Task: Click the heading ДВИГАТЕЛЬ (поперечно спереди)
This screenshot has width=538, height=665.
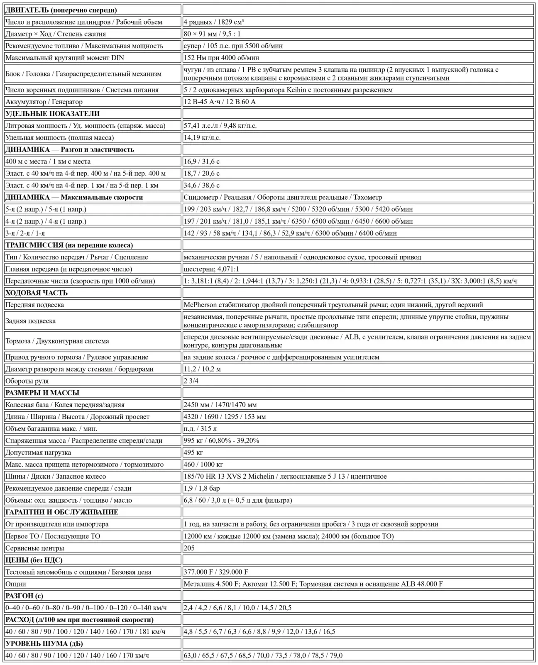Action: coord(61,10)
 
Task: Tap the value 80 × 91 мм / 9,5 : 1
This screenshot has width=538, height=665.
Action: coord(212,34)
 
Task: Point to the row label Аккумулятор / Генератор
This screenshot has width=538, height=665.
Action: coord(44,102)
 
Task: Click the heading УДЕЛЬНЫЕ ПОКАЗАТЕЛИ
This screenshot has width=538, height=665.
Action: coord(52,114)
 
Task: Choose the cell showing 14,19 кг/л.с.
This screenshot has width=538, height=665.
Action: coord(202,137)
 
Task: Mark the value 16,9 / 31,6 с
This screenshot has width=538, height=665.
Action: coord(202,161)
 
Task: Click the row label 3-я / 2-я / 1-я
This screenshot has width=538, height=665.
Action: coord(25,233)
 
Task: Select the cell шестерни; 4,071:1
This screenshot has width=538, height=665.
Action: coord(211,269)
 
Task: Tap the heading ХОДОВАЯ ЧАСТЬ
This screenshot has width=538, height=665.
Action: coord(37,293)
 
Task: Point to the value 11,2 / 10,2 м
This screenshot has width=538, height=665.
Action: coord(202,369)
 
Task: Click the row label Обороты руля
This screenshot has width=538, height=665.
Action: coord(27,381)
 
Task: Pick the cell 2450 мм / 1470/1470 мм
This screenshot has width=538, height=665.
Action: coord(220,405)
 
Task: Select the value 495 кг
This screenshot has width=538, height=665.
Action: coord(193,452)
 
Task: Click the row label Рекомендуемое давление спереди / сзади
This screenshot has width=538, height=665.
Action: coord(68,488)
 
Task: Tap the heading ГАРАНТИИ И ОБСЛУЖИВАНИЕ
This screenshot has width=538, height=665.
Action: coord(62,512)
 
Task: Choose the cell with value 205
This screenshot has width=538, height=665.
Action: coord(189,548)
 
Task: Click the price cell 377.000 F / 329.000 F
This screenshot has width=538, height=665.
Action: coord(216,572)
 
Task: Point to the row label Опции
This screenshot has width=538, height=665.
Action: coord(15,584)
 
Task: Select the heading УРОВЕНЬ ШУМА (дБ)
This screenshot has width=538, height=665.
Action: coord(44,643)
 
